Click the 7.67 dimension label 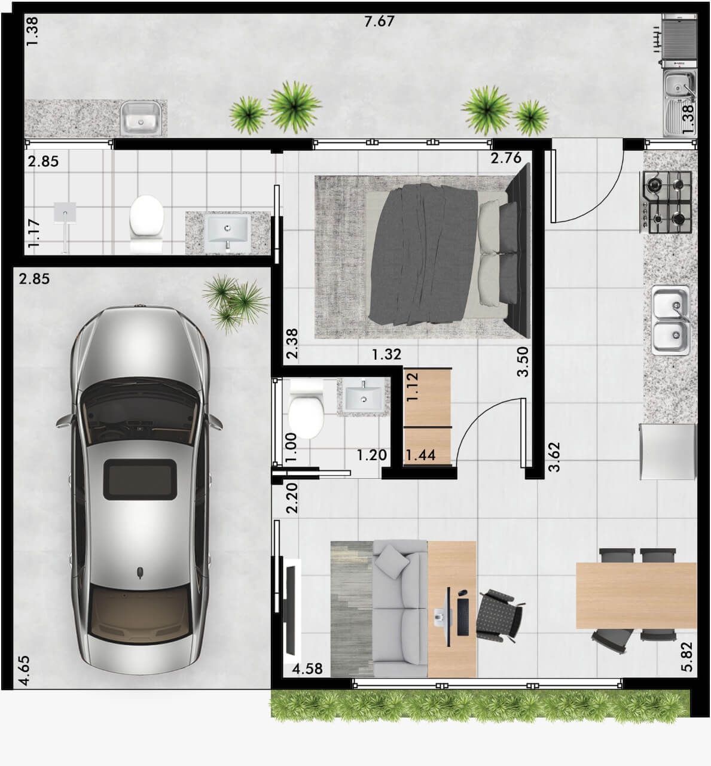pyautogui.click(x=379, y=22)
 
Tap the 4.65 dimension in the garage pyautogui.click(x=23, y=671)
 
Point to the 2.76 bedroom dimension pyautogui.click(x=506, y=158)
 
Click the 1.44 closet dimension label pyautogui.click(x=420, y=455)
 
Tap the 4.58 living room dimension pyautogui.click(x=307, y=668)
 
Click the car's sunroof pyautogui.click(x=140, y=479)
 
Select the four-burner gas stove pyautogui.click(x=666, y=202)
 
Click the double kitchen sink pyautogui.click(x=671, y=320)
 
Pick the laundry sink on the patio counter pyautogui.click(x=141, y=118)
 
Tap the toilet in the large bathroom pyautogui.click(x=147, y=223)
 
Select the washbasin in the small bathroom pyautogui.click(x=364, y=397)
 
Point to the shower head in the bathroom pyautogui.click(x=65, y=212)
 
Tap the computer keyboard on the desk pyautogui.click(x=463, y=617)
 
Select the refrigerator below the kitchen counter pyautogui.click(x=668, y=452)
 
